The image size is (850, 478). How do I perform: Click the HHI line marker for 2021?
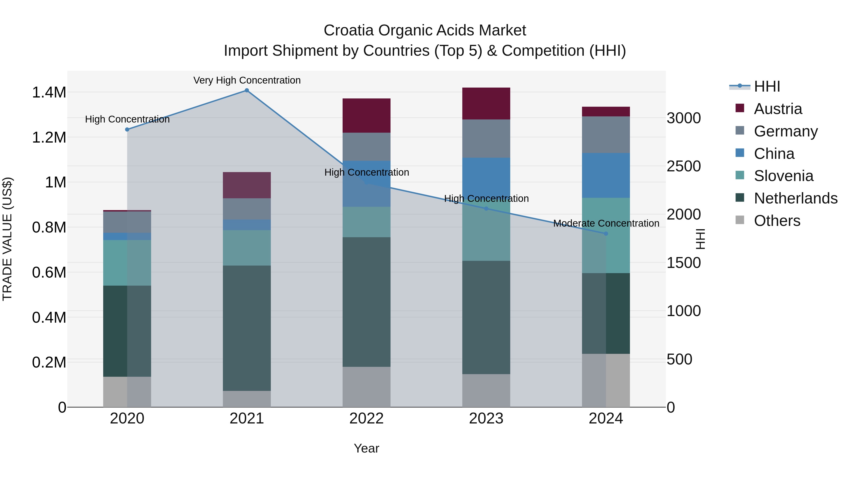[x=246, y=90]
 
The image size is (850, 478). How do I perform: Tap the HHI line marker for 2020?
[x=127, y=130]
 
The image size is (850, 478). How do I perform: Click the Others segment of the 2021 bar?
[x=246, y=399]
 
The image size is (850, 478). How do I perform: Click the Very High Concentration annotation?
[x=247, y=80]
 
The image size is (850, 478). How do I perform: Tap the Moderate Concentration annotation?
[x=606, y=223]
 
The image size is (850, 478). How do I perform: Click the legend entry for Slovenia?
[x=783, y=176]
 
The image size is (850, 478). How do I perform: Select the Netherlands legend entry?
[x=795, y=198]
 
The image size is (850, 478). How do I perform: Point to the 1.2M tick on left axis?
[x=49, y=137]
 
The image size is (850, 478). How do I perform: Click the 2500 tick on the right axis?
[x=683, y=166]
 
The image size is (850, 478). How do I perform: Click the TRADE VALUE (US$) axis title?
[x=7, y=239]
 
